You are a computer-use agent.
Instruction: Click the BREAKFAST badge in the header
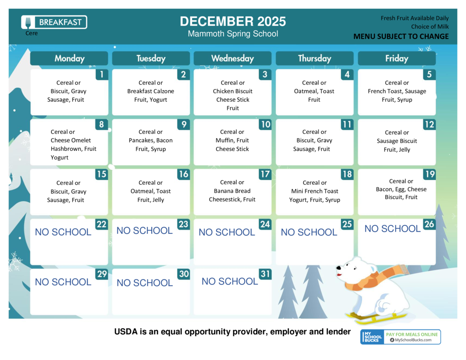[54, 22]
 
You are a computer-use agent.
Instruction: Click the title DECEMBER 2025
[233, 21]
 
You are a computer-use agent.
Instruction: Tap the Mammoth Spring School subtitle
[233, 34]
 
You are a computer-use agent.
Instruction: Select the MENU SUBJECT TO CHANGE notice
[401, 36]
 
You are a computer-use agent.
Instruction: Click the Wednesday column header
[233, 58]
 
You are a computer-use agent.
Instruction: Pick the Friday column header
[397, 58]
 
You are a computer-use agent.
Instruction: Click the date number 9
[184, 124]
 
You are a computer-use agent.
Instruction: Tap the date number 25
[347, 224]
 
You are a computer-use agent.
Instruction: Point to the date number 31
[265, 274]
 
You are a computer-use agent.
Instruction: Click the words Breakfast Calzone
[151, 91]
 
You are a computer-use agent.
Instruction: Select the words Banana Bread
[232, 191]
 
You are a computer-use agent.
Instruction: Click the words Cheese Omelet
[71, 140]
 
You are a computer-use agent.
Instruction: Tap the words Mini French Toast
[315, 191]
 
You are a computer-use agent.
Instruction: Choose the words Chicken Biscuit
[233, 91]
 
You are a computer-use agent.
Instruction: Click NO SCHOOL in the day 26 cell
[393, 228]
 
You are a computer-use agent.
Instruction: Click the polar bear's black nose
[338, 268]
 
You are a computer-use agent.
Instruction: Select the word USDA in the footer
[126, 331]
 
